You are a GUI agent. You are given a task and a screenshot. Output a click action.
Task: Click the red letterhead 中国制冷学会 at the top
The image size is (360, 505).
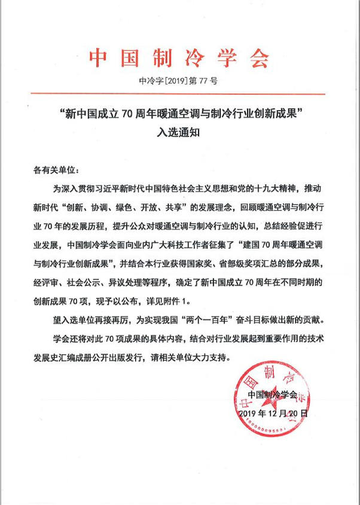click(x=179, y=58)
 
